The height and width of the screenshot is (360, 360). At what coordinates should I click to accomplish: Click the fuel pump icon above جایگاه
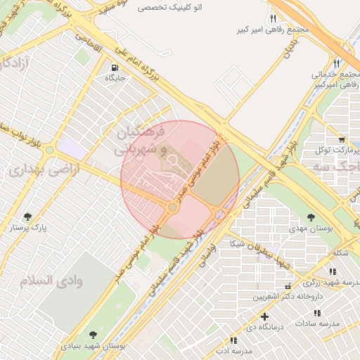114,68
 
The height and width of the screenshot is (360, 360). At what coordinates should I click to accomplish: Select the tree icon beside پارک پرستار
27,217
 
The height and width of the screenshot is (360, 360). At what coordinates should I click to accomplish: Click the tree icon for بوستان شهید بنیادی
91,334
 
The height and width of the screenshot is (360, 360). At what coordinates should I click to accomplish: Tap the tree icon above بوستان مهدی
311,217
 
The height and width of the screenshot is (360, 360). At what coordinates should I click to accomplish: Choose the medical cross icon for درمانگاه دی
265,316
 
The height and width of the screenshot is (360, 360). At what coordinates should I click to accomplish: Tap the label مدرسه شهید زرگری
323,282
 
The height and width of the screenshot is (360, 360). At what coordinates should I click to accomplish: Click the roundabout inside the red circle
172,207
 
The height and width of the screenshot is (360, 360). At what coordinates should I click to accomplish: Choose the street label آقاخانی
108,50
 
